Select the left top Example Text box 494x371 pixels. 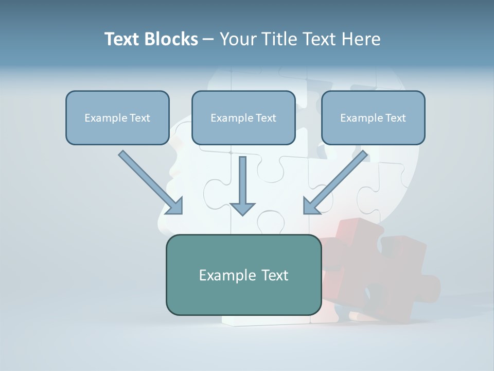point(117,117)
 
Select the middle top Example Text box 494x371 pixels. point(243,117)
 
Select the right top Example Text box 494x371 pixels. point(373,117)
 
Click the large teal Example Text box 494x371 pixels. point(243,275)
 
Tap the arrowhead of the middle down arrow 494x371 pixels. point(242,208)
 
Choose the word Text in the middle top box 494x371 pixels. point(266,117)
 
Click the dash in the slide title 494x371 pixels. point(208,40)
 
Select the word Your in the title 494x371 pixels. point(236,39)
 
